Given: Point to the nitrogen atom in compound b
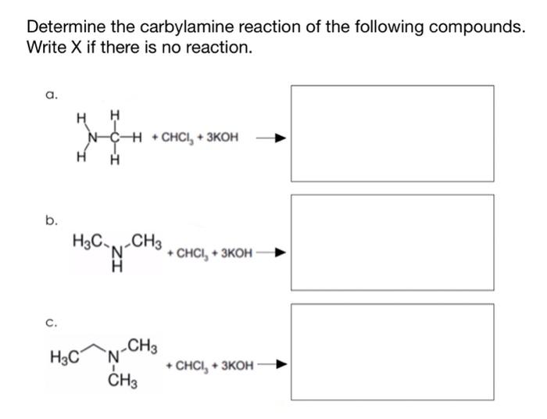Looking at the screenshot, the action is point(117,250).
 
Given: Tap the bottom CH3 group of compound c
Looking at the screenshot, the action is point(119,381).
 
